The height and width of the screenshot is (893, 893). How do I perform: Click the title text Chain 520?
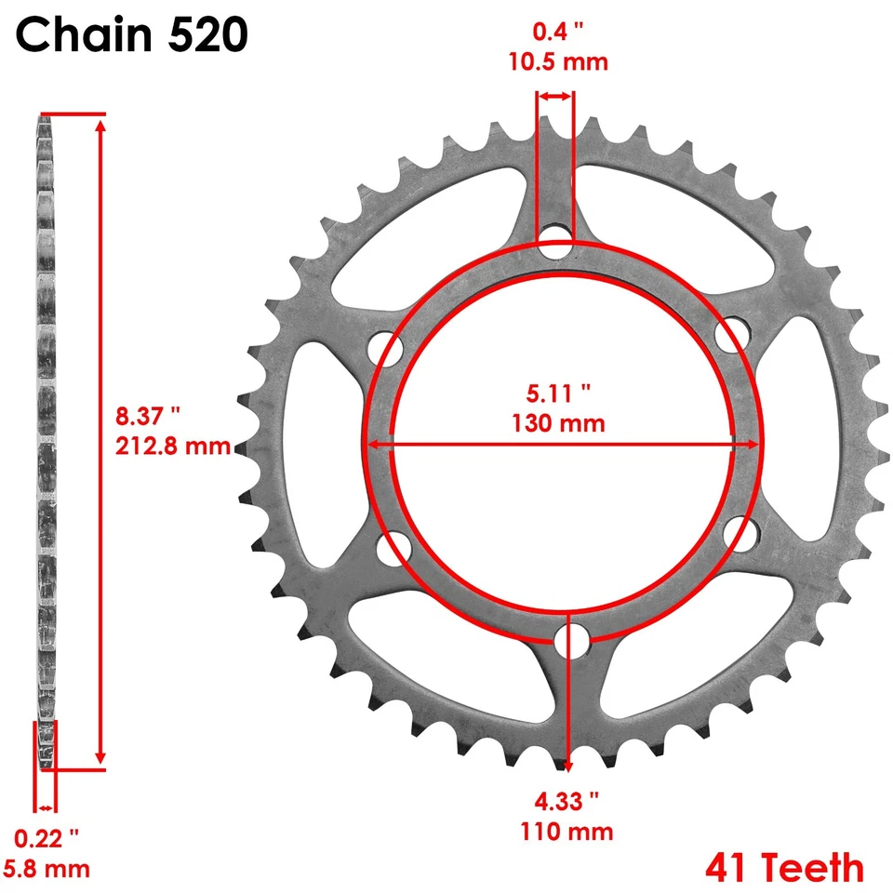(132, 36)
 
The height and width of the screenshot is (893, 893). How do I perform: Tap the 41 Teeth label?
(784, 867)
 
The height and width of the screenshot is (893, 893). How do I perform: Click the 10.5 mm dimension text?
(558, 63)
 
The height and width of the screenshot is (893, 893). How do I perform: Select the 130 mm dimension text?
(558, 423)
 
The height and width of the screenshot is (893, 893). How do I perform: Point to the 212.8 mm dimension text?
(172, 446)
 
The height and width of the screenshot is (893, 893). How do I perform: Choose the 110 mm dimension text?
(567, 831)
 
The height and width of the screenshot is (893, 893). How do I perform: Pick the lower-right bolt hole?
(741, 534)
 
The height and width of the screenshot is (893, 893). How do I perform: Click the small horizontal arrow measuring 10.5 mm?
(555, 96)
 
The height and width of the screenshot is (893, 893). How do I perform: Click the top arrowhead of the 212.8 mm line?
(100, 123)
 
